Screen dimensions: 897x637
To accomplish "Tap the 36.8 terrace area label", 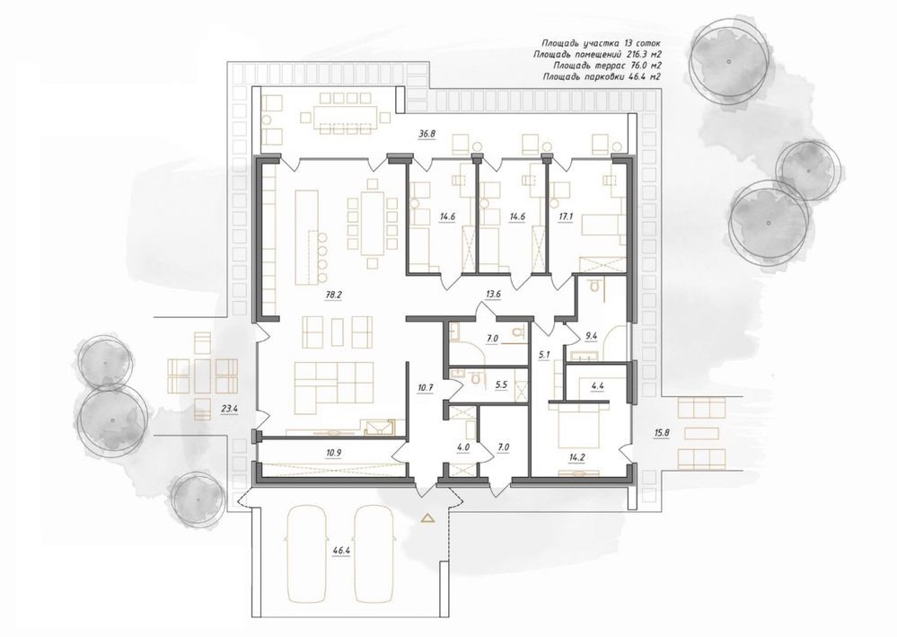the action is pos(427,134).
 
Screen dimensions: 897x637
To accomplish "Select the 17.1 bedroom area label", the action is pos(566,217).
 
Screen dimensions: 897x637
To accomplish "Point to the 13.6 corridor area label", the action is pos(493,294).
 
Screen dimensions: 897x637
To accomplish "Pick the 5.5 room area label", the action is pos(502,385).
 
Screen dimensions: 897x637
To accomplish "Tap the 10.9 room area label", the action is pos(333,453).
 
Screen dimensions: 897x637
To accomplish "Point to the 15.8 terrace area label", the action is pos(662,433).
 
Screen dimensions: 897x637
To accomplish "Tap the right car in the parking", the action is pos(374,553).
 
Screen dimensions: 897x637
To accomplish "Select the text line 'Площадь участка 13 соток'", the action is pos(602,43).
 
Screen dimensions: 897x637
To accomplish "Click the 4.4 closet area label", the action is pos(598,385).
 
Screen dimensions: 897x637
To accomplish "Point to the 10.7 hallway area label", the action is pos(426,387).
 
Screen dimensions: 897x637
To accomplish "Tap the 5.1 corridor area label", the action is pos(544,355).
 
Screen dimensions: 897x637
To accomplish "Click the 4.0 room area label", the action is pos(462,447).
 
